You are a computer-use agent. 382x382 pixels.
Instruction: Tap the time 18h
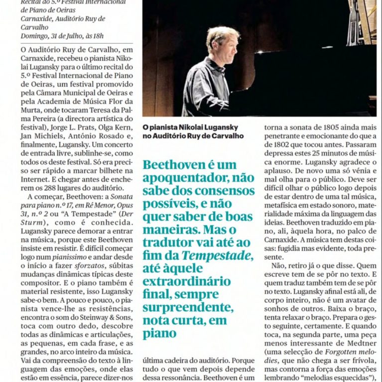(98, 36)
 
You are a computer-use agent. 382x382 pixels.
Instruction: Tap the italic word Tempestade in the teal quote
(215, 256)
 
